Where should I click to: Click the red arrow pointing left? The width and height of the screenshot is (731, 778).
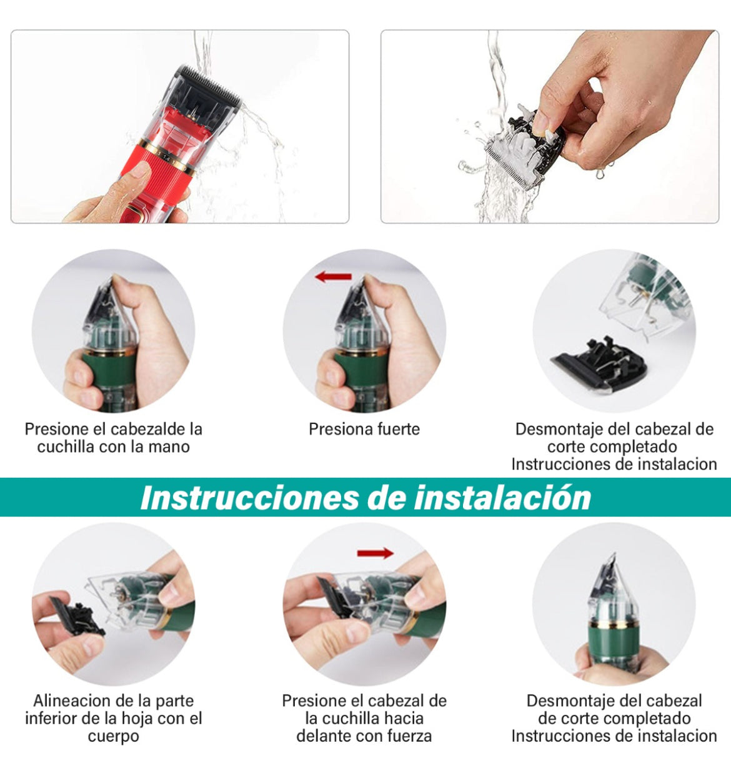(x=333, y=277)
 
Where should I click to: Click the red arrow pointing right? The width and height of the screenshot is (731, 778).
(x=375, y=553)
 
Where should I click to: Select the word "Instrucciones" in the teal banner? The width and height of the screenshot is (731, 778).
(x=249, y=498)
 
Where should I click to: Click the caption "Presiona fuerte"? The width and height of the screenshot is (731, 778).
(x=364, y=429)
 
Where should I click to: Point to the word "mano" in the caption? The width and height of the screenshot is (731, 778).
(x=169, y=447)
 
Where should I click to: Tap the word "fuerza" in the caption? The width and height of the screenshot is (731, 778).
(x=407, y=736)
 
